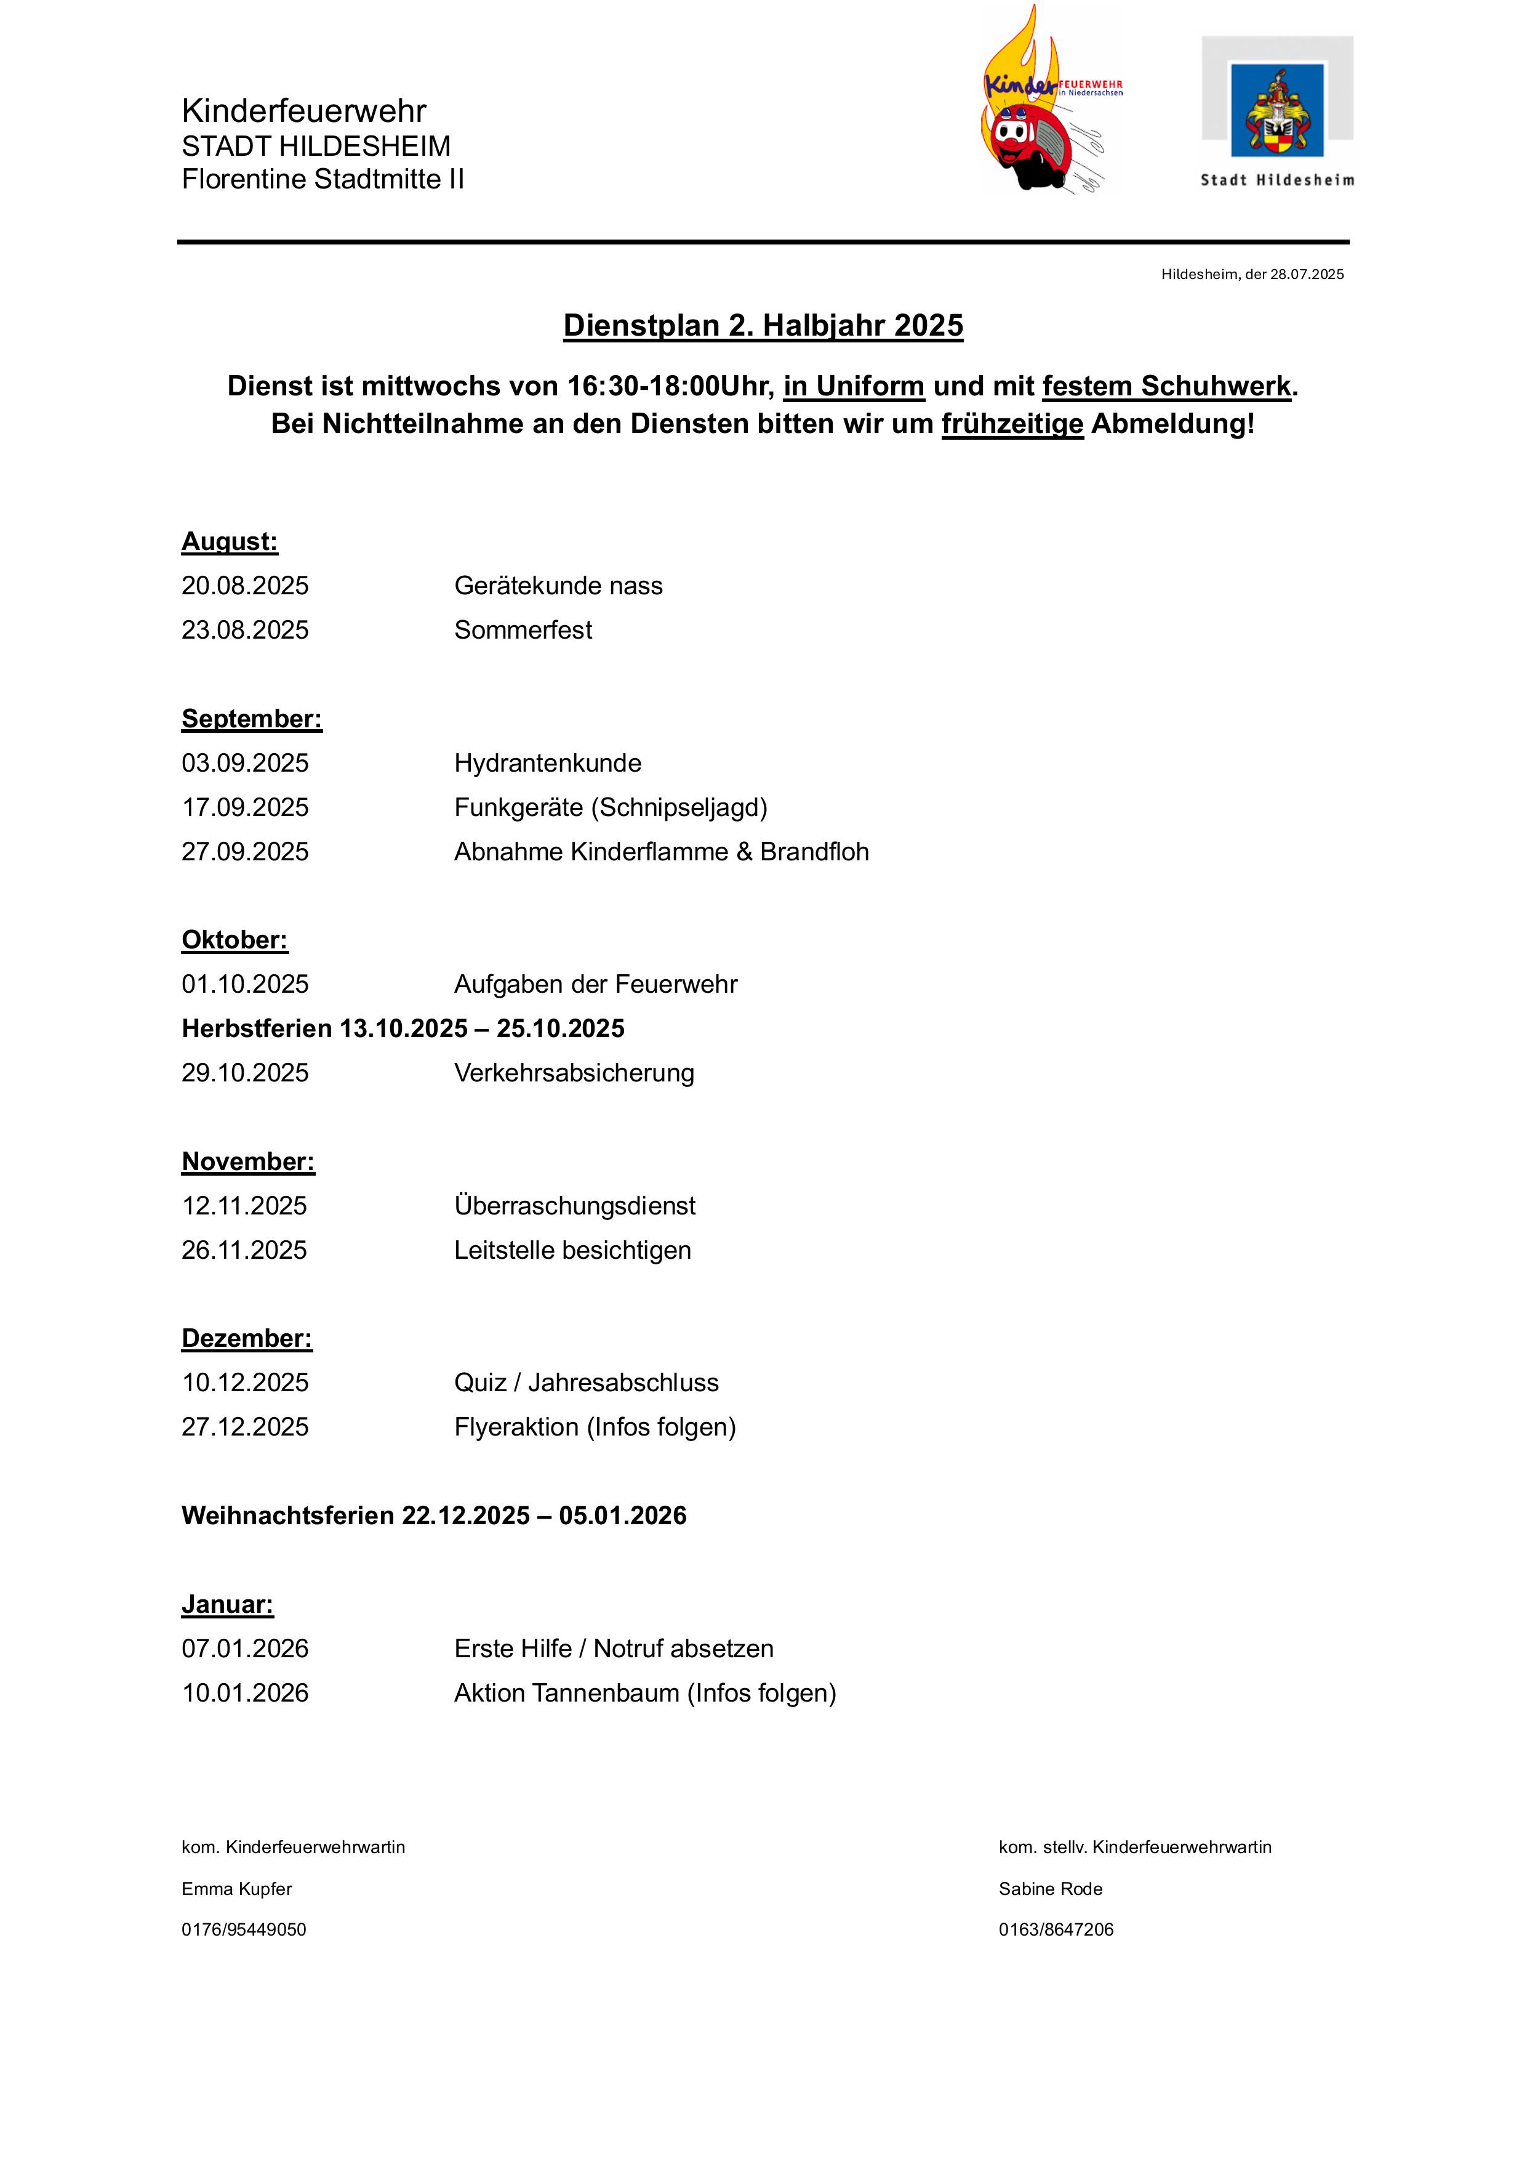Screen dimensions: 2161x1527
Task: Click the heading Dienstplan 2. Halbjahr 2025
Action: pyautogui.click(x=763, y=326)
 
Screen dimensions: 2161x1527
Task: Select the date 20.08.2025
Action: pyautogui.click(x=244, y=586)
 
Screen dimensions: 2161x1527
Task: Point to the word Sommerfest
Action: pyautogui.click(x=523, y=629)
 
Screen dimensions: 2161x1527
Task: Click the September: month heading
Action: pyautogui.click(x=251, y=719)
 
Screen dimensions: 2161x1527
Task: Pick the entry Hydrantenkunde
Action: pyautogui.click(x=548, y=763)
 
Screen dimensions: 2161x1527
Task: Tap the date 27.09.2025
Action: pyautogui.click(x=244, y=852)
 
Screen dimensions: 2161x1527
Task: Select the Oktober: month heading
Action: pyautogui.click(x=234, y=940)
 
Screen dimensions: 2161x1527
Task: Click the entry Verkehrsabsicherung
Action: pyautogui.click(x=574, y=1073)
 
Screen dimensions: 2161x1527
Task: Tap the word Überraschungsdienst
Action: pyautogui.click(x=575, y=1206)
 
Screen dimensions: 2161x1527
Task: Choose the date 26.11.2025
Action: pyautogui.click(x=244, y=1250)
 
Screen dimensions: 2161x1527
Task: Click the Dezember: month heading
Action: pyautogui.click(x=247, y=1338)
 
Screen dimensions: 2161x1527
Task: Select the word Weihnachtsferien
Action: pyautogui.click(x=288, y=1516)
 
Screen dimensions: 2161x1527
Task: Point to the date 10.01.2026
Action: pyautogui.click(x=244, y=1692)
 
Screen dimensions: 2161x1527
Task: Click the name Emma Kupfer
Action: pyautogui.click(x=237, y=1888)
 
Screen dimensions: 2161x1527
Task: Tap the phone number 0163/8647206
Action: pyautogui.click(x=1056, y=1929)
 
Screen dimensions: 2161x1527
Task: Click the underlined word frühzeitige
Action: pyautogui.click(x=1012, y=424)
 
